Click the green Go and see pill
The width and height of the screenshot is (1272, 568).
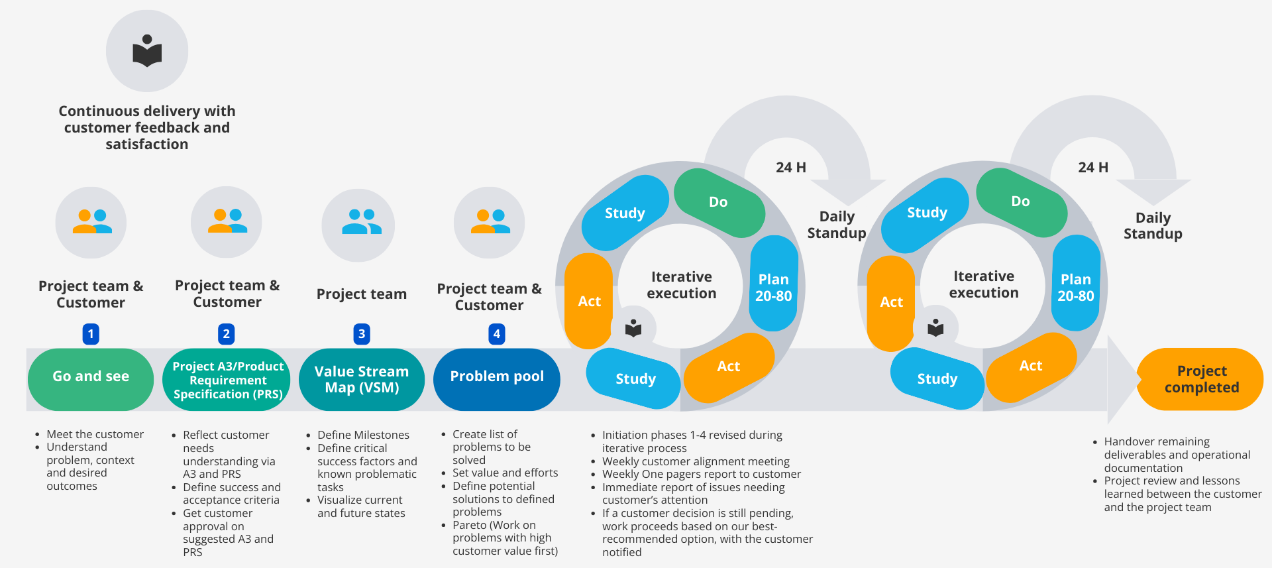coord(91,376)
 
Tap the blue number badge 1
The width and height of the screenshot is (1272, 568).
coord(91,334)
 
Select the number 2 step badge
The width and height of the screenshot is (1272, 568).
coord(227,334)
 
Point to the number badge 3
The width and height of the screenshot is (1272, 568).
coord(362,334)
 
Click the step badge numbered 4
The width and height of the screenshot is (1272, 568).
coord(497,334)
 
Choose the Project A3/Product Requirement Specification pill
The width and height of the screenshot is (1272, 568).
coord(227,380)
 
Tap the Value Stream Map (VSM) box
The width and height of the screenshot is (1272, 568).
coord(362,379)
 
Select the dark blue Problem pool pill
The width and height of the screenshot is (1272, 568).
coord(497,376)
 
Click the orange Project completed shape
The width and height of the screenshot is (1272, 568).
coord(1201,379)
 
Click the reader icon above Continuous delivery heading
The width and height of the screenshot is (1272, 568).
coord(147,51)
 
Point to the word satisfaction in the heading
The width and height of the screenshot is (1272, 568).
coord(147,144)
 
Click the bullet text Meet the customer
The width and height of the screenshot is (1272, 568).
coord(95,435)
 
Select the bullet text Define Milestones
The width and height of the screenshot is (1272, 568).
coord(363,435)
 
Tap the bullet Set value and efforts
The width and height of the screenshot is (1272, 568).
coord(505,473)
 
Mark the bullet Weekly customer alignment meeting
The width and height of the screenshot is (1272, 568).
coord(696,461)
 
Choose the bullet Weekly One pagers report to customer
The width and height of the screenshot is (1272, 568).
coord(701,475)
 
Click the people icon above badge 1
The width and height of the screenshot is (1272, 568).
coord(91,221)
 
